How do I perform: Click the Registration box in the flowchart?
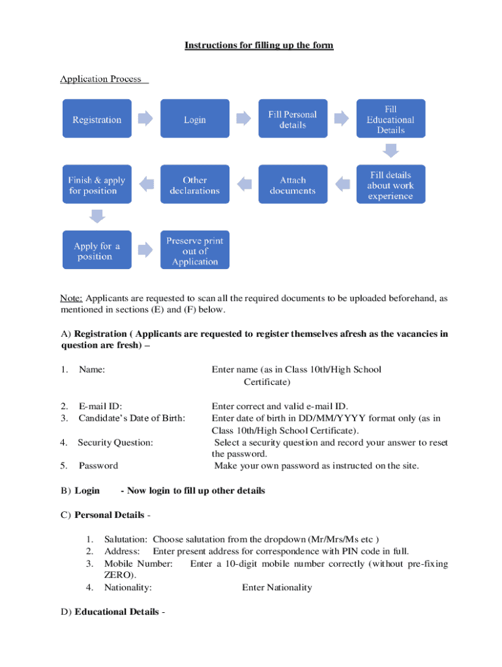(x=97, y=119)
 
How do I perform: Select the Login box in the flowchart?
(x=195, y=119)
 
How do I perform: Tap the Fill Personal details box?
(x=293, y=119)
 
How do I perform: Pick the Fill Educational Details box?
(x=391, y=119)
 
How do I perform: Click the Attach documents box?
(x=293, y=185)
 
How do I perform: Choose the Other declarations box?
(x=195, y=185)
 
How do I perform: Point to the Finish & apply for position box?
(x=97, y=185)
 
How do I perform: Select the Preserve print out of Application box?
(x=195, y=251)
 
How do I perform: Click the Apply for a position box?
(x=97, y=251)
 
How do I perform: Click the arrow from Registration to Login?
(x=145, y=119)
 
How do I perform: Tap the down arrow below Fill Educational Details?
(x=391, y=150)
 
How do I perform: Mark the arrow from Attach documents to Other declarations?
(x=244, y=185)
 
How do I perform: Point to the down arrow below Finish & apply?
(x=97, y=216)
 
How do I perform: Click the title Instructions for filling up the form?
(x=259, y=46)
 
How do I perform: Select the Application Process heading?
(x=101, y=79)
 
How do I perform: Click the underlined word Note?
(x=70, y=298)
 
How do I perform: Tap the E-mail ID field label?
(x=100, y=406)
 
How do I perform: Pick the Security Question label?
(x=115, y=442)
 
